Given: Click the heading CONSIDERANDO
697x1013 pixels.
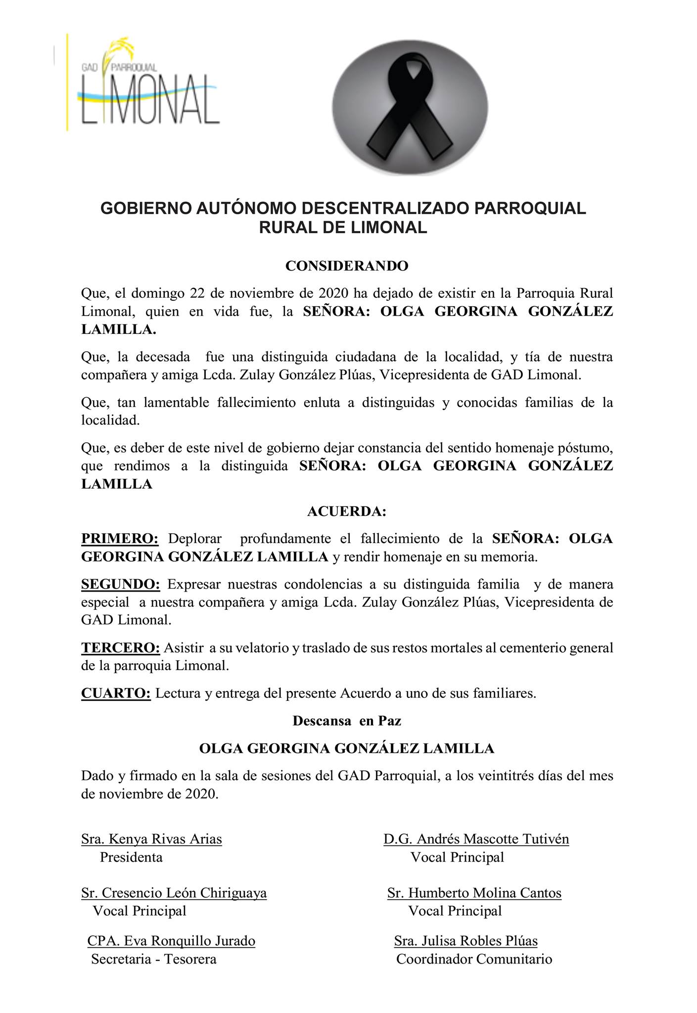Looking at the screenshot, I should pyautogui.click(x=347, y=266).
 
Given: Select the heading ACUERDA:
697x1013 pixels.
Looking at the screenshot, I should pyautogui.click(x=346, y=511).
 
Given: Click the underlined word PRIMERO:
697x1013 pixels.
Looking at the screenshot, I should pyautogui.click(x=120, y=539).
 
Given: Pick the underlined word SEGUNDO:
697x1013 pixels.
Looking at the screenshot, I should pyautogui.click(x=121, y=584).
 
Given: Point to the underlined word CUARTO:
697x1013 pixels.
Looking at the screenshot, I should pyautogui.click(x=116, y=693).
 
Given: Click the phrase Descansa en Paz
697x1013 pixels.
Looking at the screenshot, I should pyautogui.click(x=347, y=721).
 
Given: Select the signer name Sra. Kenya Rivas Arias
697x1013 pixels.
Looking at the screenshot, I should pyautogui.click(x=151, y=839).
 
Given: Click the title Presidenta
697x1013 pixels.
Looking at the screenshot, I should pyautogui.click(x=131, y=857).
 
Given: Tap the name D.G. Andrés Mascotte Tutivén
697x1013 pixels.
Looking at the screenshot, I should pyautogui.click(x=476, y=839).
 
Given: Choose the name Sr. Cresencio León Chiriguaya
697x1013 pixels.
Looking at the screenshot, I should pyautogui.click(x=174, y=893).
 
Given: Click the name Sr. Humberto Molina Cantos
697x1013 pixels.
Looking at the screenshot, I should pyautogui.click(x=474, y=893).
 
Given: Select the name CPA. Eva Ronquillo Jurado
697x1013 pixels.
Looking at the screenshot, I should pyautogui.click(x=171, y=941).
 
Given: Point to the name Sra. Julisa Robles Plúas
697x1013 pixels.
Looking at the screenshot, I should pyautogui.click(x=465, y=941).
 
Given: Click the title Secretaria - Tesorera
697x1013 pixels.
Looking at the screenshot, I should pyautogui.click(x=154, y=959).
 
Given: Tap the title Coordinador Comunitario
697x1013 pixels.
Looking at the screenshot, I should pyautogui.click(x=474, y=959).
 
